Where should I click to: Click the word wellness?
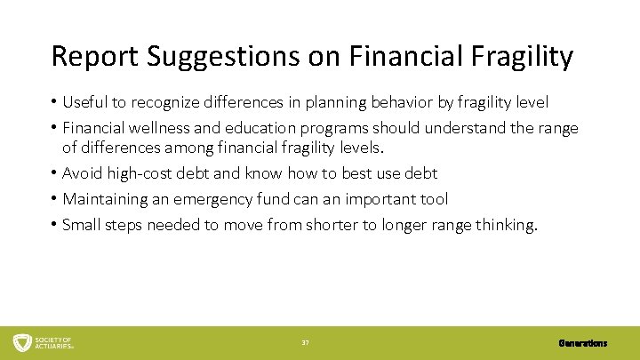[158, 128]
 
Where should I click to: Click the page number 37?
[305, 342]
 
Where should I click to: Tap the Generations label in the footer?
[583, 342]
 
